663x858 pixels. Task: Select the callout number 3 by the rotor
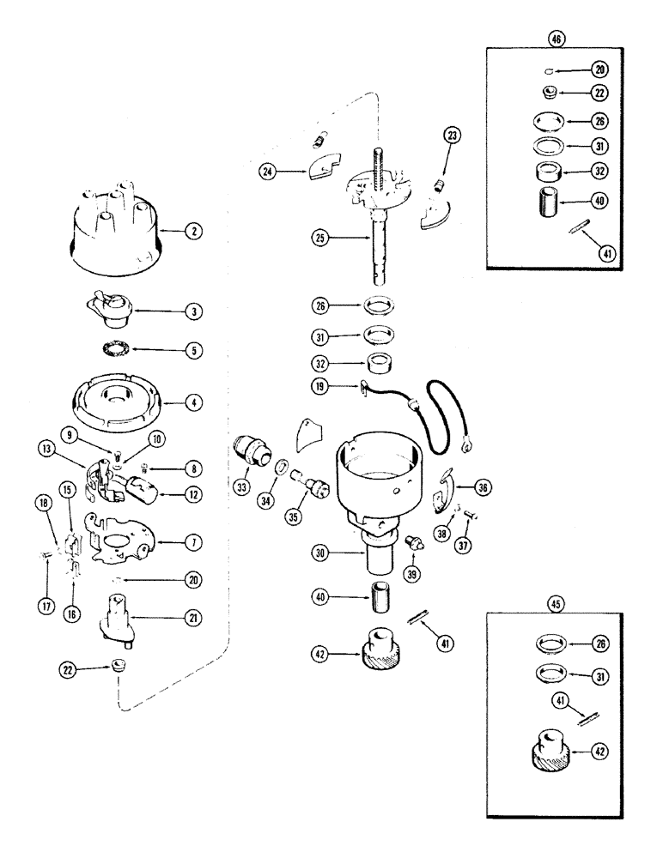[x=196, y=313]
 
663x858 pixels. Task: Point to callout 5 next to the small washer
[x=197, y=350]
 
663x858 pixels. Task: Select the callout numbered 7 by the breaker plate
[x=196, y=542]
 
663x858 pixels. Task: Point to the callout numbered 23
[x=453, y=134]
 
